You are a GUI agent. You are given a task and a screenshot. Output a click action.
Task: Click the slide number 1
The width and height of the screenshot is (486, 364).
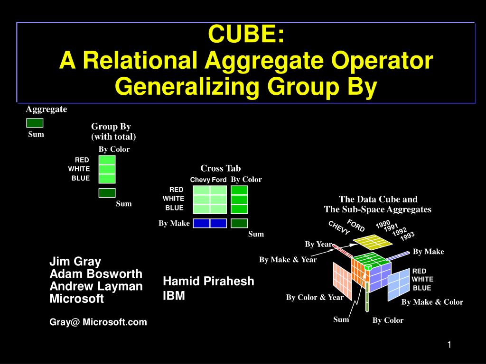coord(448,345)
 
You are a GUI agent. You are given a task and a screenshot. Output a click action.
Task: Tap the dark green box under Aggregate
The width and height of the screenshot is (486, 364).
coord(35,123)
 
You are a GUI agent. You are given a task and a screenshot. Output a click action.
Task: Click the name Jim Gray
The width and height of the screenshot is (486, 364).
coord(75,262)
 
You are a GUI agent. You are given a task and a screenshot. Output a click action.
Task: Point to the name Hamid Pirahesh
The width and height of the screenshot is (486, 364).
coord(208,281)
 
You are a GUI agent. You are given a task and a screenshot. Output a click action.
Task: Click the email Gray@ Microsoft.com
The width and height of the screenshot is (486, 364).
coord(98,322)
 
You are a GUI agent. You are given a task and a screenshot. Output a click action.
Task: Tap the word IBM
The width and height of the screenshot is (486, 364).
coord(174,296)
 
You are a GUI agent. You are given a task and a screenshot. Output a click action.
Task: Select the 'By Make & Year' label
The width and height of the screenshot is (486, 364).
coord(288,260)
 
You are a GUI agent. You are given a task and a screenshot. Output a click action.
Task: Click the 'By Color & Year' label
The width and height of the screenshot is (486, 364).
coord(315,298)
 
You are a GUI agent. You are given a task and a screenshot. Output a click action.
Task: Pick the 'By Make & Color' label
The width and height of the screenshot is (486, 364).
coord(432,302)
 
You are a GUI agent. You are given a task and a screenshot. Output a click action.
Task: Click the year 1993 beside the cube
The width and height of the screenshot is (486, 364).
coord(407,236)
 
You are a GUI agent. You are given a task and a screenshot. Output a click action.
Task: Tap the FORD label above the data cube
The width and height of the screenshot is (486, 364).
coord(356,226)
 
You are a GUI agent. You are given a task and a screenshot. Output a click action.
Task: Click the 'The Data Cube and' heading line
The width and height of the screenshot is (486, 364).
coord(378,200)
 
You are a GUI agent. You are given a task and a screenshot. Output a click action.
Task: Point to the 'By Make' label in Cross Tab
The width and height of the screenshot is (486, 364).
coord(174,223)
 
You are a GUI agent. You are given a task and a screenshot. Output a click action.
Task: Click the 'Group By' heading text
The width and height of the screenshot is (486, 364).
coord(111,127)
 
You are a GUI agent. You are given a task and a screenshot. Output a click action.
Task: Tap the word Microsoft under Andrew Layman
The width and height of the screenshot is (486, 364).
coord(76,299)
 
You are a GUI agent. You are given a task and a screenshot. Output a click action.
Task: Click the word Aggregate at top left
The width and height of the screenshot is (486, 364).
coord(47,109)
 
